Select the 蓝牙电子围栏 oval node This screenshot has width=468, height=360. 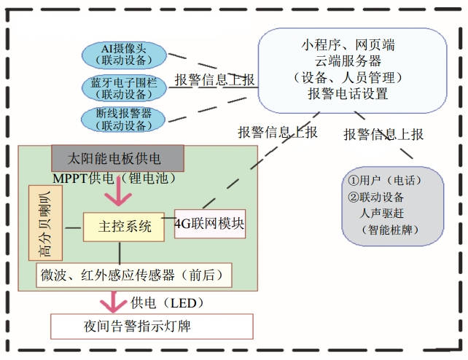[x=124, y=87]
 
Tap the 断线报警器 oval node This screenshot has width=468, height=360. [x=124, y=120]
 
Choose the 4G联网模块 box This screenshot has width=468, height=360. [x=210, y=223]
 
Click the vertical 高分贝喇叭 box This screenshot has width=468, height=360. [x=38, y=223]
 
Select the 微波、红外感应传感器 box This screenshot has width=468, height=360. [x=134, y=275]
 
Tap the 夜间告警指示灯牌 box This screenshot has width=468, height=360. [x=152, y=326]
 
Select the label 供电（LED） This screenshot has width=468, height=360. [x=168, y=302]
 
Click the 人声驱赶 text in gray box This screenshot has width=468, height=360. [x=385, y=214]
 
